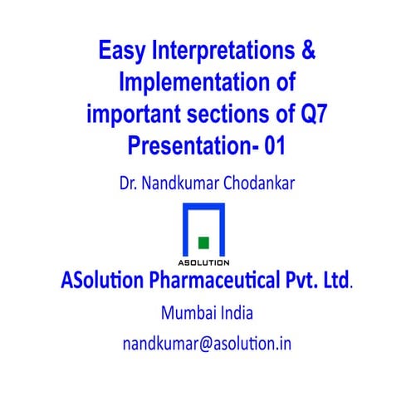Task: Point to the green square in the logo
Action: pyautogui.click(x=203, y=242)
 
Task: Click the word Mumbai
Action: pyautogui.click(x=185, y=314)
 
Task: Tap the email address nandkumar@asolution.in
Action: pyautogui.click(x=207, y=343)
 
